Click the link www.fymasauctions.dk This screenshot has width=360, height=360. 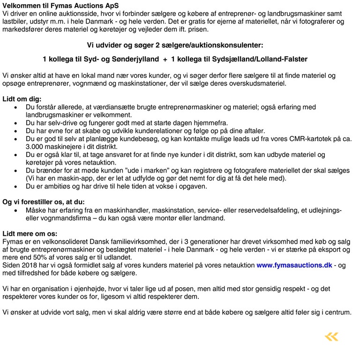point(294,265)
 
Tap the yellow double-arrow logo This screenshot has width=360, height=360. point(331,337)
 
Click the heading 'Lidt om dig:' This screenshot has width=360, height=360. point(22,99)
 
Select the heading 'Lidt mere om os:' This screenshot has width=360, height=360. point(30,233)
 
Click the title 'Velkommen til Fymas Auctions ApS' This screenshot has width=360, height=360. point(58,5)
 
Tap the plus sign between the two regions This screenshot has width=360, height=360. point(165,60)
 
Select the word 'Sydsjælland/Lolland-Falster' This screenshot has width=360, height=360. point(260,60)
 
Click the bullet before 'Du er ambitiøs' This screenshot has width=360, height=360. point(17,187)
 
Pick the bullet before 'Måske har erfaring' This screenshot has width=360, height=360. point(17,210)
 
